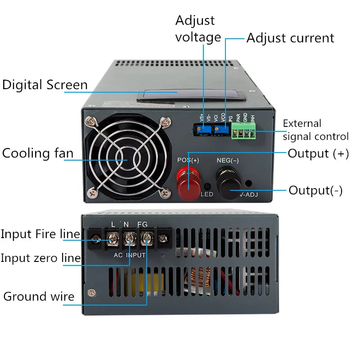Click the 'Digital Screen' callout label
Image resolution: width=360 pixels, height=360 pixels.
click(45, 85)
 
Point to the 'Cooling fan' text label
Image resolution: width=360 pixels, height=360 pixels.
click(38, 153)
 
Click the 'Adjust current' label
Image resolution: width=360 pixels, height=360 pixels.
click(290, 38)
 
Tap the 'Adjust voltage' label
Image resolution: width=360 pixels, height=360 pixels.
click(195, 28)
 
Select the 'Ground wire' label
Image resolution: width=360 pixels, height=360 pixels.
click(39, 296)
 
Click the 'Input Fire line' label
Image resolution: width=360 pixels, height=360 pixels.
click(40, 234)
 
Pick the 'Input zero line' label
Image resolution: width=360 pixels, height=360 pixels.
click(40, 258)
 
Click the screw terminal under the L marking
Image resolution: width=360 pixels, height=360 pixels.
click(112, 239)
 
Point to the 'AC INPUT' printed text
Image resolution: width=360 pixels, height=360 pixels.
click(129, 255)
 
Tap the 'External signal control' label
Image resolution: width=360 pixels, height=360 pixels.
click(315, 130)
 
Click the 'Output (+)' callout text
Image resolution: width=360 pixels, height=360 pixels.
click(318, 153)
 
